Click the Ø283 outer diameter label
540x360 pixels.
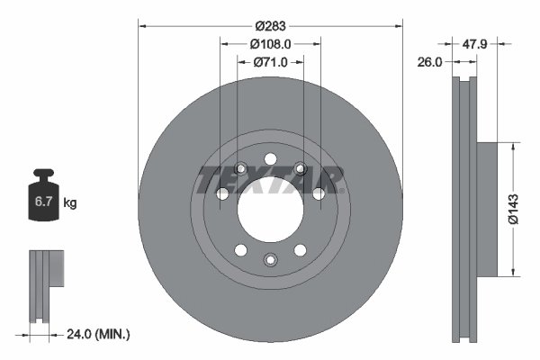[270, 26]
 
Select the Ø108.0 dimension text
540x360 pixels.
[270, 44]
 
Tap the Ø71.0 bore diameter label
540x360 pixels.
[270, 62]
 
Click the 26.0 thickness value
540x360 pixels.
[430, 62]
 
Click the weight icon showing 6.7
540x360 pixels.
[42, 197]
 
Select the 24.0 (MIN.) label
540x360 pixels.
[99, 334]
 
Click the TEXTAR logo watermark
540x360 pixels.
[270, 180]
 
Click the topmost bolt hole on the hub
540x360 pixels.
[270, 159]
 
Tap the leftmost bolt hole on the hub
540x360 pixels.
[221, 193]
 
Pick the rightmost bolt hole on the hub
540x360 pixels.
[319, 193]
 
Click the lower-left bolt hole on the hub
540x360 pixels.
[240, 250]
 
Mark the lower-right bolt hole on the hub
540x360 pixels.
[300, 250]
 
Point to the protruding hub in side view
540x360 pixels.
[487, 208]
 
